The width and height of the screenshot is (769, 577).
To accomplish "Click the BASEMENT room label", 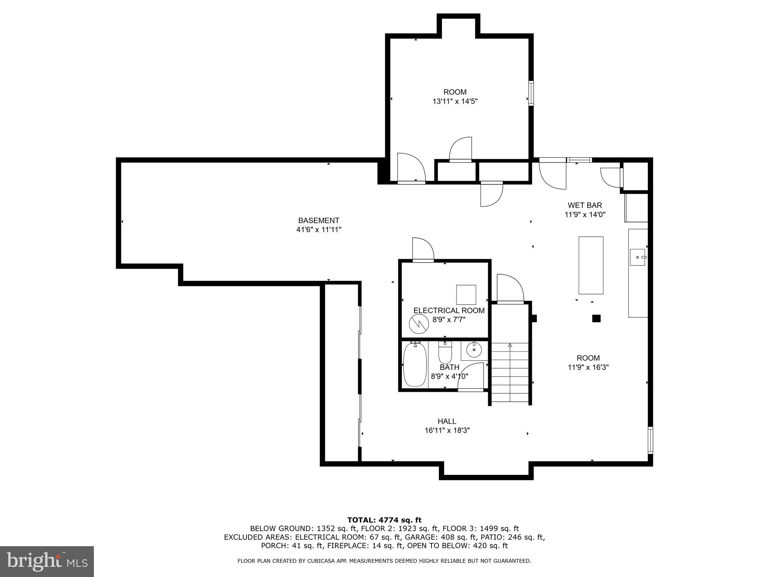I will [x=318, y=221].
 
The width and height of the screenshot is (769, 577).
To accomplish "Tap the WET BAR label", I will [x=585, y=205].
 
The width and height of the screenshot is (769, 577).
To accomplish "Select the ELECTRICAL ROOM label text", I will [x=449, y=311].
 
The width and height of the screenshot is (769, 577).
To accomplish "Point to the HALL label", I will [x=447, y=421].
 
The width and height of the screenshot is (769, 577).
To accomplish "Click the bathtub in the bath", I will [x=415, y=364].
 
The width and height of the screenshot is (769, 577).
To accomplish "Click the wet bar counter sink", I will [x=637, y=257].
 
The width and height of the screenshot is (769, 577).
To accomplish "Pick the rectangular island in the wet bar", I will [x=591, y=265].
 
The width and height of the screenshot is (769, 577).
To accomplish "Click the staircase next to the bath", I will [x=510, y=372].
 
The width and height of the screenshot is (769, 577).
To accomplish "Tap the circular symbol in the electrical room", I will [x=419, y=323].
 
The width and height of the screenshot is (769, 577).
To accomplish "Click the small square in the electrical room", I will [x=466, y=295].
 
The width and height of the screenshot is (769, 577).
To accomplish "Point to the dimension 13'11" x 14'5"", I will [x=455, y=101].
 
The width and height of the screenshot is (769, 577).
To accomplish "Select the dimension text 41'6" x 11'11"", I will [x=318, y=230].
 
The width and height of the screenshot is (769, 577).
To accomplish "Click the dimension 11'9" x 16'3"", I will [x=588, y=367].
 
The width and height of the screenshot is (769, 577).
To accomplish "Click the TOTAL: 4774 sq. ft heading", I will [x=384, y=520].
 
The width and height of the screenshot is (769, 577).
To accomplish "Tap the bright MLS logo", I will [x=47, y=562].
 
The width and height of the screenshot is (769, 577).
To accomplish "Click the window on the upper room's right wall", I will [x=531, y=93].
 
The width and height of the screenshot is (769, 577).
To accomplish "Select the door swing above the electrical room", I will [x=423, y=249].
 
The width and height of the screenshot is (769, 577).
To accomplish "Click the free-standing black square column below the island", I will [x=596, y=319].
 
